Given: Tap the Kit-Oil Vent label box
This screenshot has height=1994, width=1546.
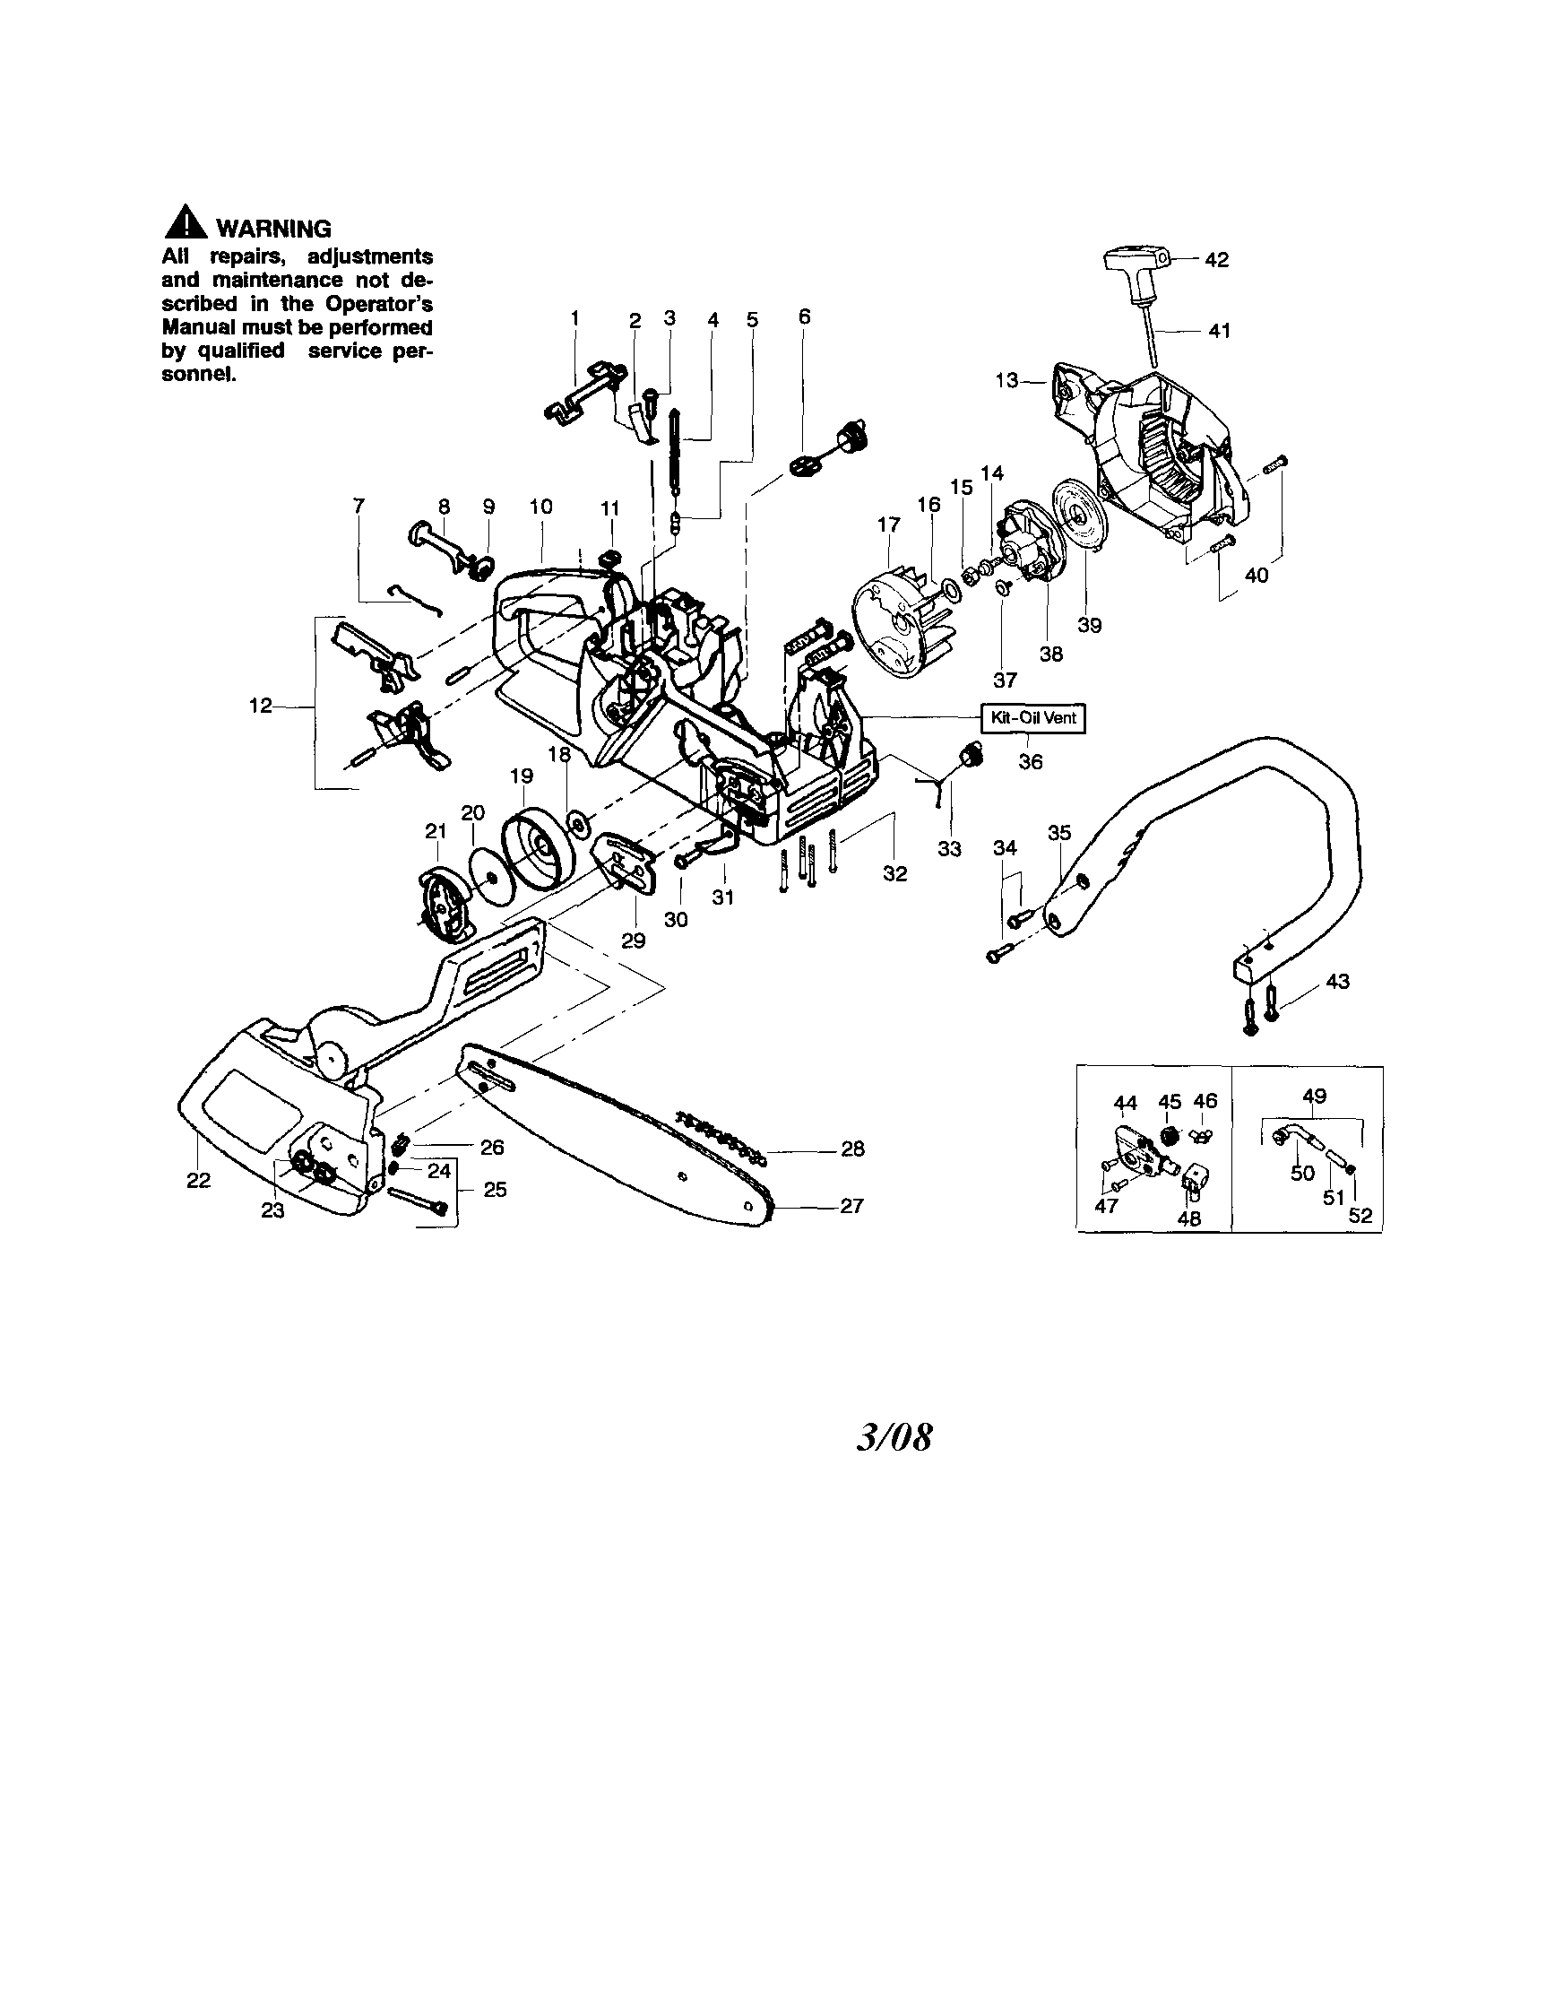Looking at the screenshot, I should pyautogui.click(x=1033, y=717).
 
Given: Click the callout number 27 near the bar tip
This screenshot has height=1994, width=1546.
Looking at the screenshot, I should pyautogui.click(x=851, y=1206).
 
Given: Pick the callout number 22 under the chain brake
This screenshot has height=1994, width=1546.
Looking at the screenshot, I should pyautogui.click(x=198, y=1181).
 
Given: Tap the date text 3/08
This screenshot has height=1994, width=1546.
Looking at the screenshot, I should pyautogui.click(x=894, y=1438).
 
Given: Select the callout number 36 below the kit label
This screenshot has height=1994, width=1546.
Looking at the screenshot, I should pyautogui.click(x=1030, y=761).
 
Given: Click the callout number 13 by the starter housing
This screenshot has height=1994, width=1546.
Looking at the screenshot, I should pyautogui.click(x=1006, y=380).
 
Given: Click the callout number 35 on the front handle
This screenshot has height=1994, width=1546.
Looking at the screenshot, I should pyautogui.click(x=1059, y=833).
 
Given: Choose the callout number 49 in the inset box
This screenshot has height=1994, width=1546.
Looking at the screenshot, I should pyautogui.click(x=1314, y=1096).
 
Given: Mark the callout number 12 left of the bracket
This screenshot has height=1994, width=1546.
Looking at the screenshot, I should pyautogui.click(x=260, y=706).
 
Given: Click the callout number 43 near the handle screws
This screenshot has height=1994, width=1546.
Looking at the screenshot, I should pyautogui.click(x=1337, y=982).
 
